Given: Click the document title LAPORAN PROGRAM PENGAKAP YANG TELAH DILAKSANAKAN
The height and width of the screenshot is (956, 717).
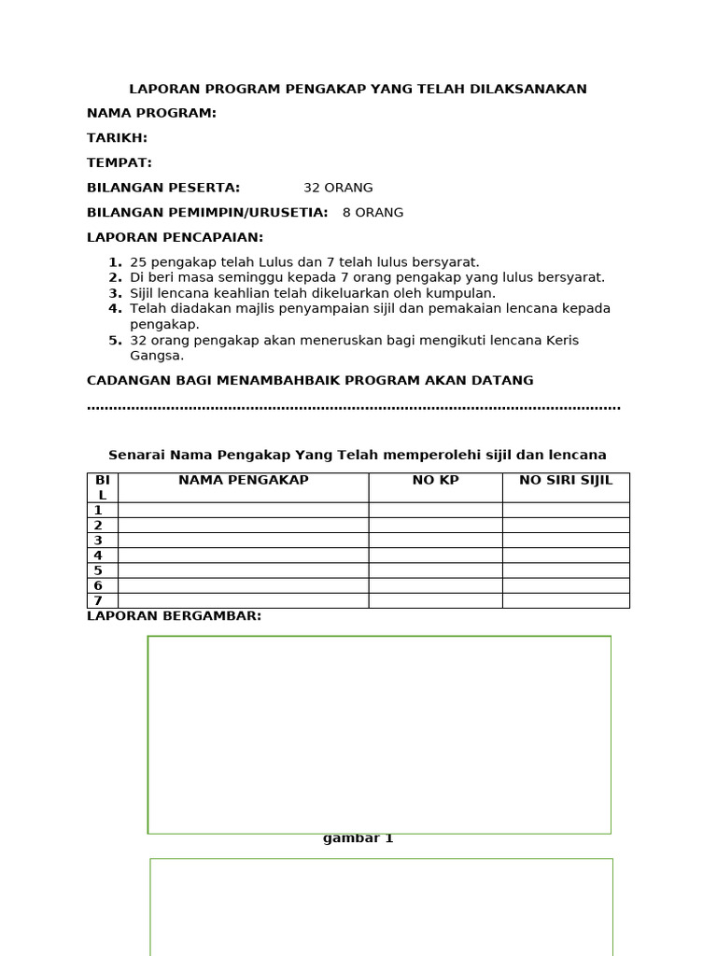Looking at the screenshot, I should point(358,90).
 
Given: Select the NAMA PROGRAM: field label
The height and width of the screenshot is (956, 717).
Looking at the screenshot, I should point(151,114).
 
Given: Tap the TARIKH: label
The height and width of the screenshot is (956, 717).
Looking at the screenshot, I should point(117,138).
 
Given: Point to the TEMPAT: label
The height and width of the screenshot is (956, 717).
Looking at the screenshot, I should point(119,162).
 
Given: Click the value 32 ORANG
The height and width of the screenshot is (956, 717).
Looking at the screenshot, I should point(338,188).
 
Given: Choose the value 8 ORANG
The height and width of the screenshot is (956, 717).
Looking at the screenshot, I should point(373,213).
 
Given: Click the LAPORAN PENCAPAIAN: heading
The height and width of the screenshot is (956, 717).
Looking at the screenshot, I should point(175,238).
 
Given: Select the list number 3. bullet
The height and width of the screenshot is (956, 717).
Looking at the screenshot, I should point(115,293).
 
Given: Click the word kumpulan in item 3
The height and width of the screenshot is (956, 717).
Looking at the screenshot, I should point(462,293).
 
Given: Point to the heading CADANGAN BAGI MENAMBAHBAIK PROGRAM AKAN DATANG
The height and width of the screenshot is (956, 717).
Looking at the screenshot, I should point(310,381).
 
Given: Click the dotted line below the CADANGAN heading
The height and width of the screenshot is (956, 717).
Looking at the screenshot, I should point(353,407).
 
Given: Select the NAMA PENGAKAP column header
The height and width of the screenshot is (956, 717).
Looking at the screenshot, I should point(243,481).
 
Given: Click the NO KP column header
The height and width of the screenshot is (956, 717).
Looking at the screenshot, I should point(435,481).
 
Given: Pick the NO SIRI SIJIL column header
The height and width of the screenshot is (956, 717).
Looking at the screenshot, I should point(566,481).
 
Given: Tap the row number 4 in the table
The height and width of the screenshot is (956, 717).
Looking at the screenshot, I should point(98,555).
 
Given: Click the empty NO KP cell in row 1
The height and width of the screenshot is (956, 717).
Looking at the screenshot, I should point(435,510).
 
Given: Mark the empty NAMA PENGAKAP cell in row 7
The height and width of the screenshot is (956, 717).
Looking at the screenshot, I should point(243,600).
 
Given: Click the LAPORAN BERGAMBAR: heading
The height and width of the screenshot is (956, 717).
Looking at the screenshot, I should point(174,616).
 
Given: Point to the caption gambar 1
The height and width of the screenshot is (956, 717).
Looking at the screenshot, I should point(358,838).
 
